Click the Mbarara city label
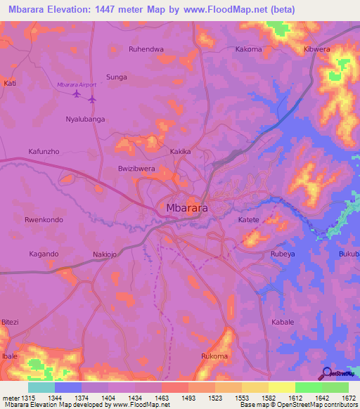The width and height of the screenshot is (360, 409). coord(186,208)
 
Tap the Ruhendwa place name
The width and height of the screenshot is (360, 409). coord(146,49)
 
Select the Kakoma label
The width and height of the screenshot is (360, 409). coord(248,49)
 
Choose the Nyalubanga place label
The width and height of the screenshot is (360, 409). coord(85,119)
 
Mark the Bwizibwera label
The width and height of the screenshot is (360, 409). coord(136,169)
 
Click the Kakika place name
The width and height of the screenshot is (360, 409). coord(181,152)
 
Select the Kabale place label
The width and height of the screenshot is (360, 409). coord(283,322)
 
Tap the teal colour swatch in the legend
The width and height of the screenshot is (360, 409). coord(41,387)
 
